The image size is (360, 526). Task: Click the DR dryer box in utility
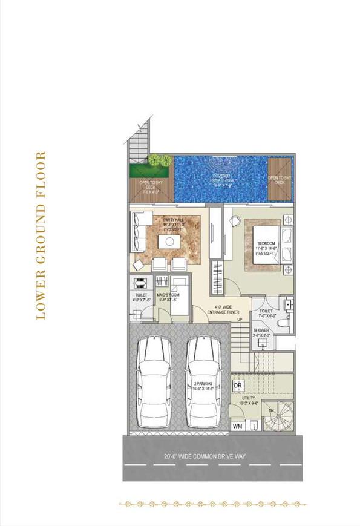click(x=238, y=386)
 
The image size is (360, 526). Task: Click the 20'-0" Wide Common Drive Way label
click(x=206, y=456)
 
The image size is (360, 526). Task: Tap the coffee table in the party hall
click(x=168, y=242)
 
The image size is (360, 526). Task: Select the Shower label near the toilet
click(x=262, y=332)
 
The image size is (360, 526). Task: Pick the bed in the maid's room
click(x=178, y=295)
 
